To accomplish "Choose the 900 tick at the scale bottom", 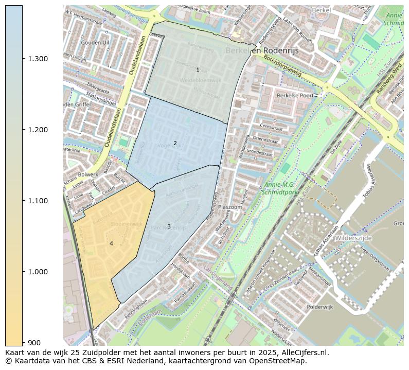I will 34,343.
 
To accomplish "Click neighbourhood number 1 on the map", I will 198,69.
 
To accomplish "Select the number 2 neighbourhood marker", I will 175,143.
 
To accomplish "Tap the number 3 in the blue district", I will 169,226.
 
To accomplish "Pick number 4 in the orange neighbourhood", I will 111,243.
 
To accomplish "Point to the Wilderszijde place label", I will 354,238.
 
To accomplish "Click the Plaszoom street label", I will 230,207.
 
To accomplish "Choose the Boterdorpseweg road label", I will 282,66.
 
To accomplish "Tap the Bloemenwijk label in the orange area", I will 126,224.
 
